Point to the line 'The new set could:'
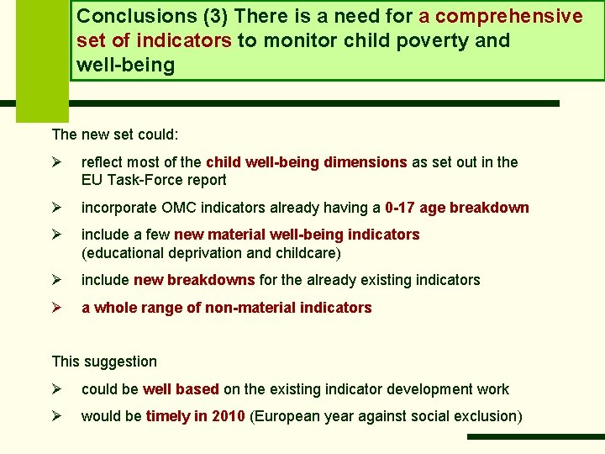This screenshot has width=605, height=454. coord(115,134)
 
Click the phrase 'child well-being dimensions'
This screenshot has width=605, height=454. coord(306,162)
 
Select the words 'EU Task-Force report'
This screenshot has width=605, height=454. coord(154,179)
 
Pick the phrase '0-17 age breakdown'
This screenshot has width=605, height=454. coord(457,208)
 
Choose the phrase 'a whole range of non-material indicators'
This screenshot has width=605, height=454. coord(226,308)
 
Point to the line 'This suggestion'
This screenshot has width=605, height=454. coord(104,362)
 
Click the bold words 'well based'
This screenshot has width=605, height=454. coord(181,389)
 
